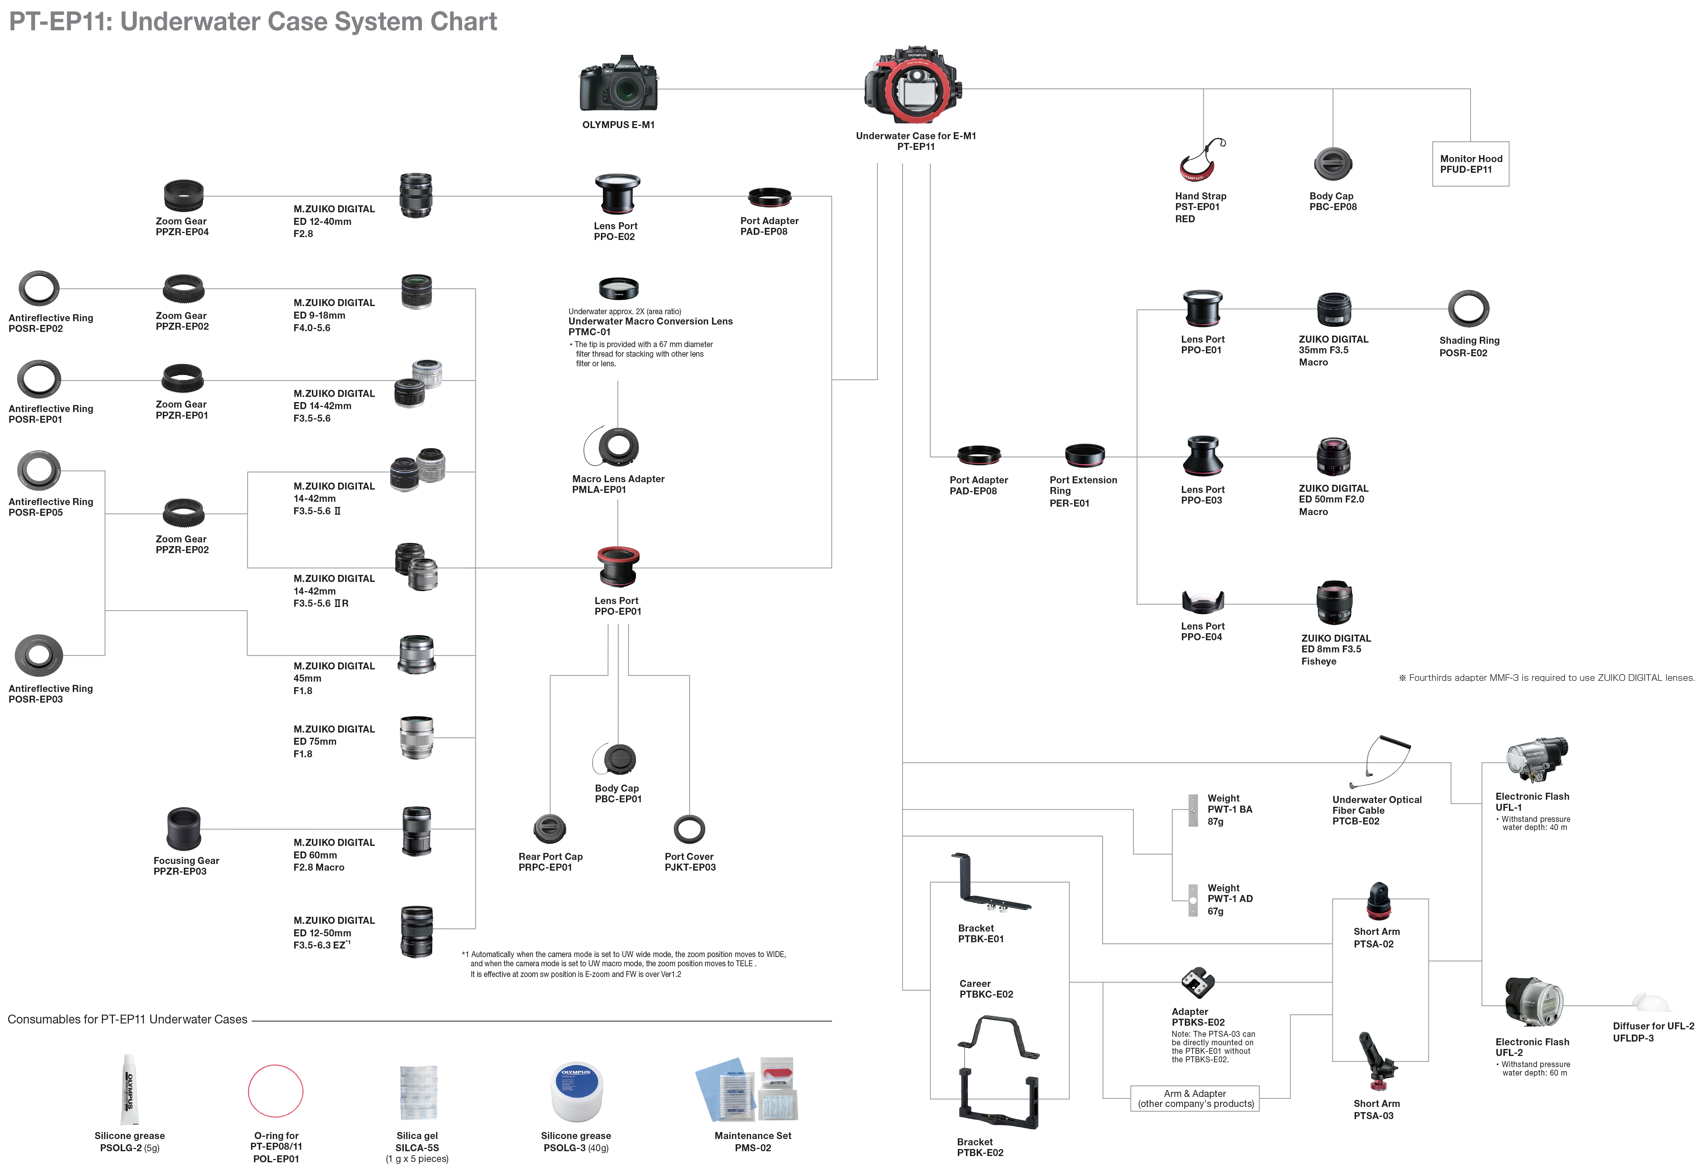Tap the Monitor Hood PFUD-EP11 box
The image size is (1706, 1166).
pos(1471,164)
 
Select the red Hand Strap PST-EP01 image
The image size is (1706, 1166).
pos(1201,161)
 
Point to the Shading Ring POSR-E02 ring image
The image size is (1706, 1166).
pos(1468,308)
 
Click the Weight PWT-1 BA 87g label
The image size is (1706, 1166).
pos(1229,809)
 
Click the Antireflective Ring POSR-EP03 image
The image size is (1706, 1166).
pos(39,655)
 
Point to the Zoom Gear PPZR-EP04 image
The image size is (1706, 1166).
pos(183,195)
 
